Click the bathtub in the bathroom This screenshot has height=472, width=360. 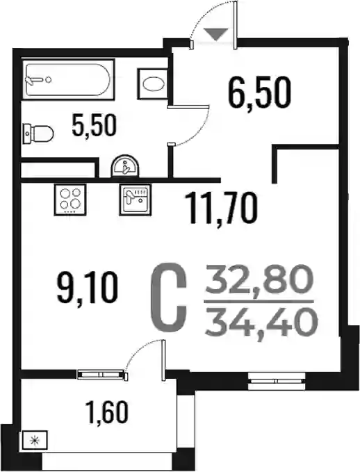[x=69, y=79]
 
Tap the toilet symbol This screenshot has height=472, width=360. [x=38, y=133]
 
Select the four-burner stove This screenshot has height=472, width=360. [x=70, y=200]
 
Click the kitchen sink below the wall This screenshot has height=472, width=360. [x=135, y=200]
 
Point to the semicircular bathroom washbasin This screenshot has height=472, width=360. [x=126, y=166]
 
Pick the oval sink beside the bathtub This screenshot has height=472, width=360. [x=153, y=84]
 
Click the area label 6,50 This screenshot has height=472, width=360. [x=259, y=92]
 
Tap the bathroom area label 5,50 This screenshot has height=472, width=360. [x=94, y=126]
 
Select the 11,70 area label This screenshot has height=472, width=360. [x=221, y=209]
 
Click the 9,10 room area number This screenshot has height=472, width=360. [x=87, y=288]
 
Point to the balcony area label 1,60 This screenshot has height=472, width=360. [x=107, y=412]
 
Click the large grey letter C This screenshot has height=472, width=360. [x=169, y=298]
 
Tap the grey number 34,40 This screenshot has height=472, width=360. [x=261, y=323]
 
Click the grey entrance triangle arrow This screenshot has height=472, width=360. [x=216, y=33]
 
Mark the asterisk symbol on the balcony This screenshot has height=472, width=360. [x=35, y=441]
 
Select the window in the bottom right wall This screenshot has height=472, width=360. [x=277, y=381]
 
